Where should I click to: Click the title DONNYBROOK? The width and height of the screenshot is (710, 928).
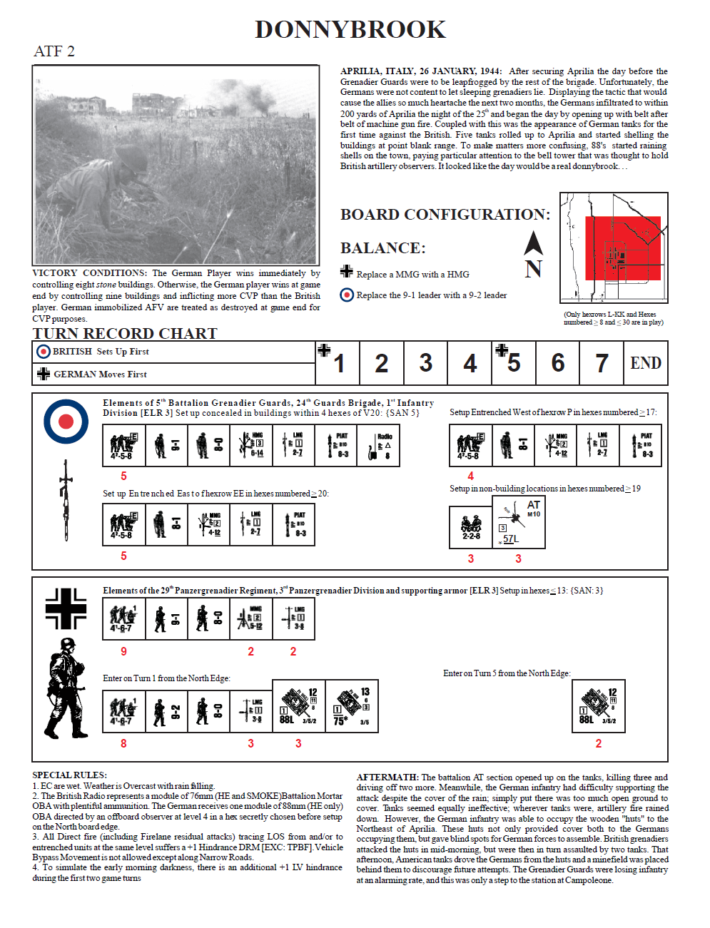click(350, 29)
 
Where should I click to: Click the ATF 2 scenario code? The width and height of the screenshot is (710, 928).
click(54, 51)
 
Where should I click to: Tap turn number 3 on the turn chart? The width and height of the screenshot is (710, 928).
click(425, 363)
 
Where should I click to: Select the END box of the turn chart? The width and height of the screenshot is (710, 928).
click(646, 363)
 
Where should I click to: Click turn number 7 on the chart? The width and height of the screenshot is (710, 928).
click(602, 363)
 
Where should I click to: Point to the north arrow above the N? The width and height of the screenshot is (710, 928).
click(533, 243)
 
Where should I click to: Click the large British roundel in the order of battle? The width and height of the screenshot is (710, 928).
click(66, 421)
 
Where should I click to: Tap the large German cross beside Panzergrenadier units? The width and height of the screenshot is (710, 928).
click(66, 608)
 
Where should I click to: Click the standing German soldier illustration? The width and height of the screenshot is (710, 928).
click(66, 688)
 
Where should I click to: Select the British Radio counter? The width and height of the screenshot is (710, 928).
click(378, 446)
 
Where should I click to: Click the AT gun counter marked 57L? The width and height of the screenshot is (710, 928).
click(519, 522)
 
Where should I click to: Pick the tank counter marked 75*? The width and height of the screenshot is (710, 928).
click(352, 706)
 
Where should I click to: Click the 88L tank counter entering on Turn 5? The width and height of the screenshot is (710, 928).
click(598, 706)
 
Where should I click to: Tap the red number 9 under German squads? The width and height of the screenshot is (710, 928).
click(123, 651)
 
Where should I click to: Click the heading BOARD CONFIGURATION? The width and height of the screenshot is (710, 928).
click(445, 215)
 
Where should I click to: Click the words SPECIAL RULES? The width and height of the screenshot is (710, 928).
click(69, 775)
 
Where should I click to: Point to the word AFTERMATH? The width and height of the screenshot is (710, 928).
click(387, 777)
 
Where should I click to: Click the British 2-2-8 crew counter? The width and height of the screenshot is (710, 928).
click(471, 527)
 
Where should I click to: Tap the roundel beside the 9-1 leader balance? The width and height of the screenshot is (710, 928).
click(347, 295)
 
